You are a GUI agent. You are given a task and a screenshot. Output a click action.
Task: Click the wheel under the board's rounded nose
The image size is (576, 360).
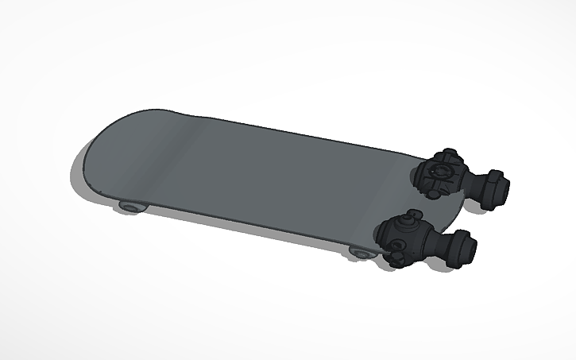131,207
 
